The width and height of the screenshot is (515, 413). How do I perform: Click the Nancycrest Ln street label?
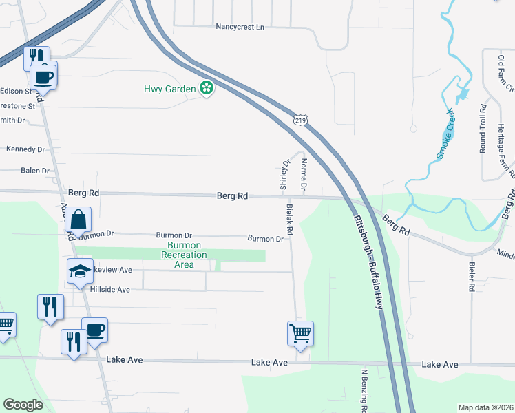[x=240, y=27]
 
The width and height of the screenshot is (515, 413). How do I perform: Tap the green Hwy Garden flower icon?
[x=206, y=87]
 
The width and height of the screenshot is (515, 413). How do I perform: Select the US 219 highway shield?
[x=299, y=120]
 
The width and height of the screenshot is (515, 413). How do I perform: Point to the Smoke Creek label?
[x=445, y=134]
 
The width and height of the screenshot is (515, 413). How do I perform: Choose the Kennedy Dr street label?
[x=25, y=149]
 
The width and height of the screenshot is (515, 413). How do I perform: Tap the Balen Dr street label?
[x=35, y=171]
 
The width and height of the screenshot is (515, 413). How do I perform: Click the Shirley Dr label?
[x=283, y=174]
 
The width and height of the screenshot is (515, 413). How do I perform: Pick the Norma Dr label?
[x=303, y=174]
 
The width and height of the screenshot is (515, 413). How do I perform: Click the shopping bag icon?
[x=78, y=220]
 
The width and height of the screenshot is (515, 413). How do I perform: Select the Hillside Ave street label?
[x=109, y=290]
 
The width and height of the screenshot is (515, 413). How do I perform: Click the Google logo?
[x=23, y=405]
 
